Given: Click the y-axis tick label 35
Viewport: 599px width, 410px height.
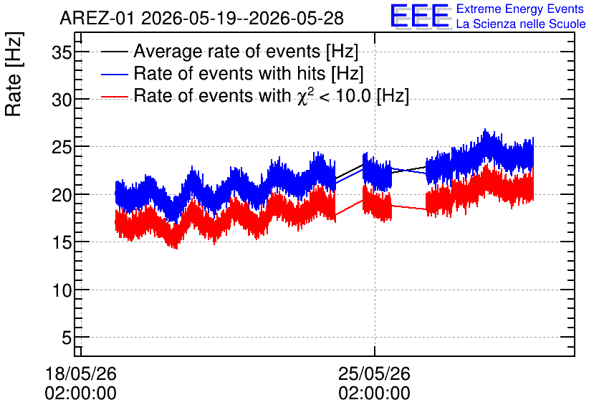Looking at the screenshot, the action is tap(62, 52).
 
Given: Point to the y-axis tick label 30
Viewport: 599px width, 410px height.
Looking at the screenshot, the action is tap(62, 100).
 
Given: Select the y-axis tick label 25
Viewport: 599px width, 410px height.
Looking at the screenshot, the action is tap(62, 148).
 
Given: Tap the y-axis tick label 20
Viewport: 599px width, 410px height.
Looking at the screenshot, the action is tap(62, 195).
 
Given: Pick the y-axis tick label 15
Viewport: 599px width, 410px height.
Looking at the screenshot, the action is tap(62, 243).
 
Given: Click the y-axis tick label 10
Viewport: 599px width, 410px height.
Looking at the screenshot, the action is tap(62, 291).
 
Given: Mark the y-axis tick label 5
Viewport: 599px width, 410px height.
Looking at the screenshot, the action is tap(67, 338).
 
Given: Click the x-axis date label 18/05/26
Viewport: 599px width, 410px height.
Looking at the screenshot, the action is tap(80, 373).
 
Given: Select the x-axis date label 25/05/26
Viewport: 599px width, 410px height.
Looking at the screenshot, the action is tap(374, 373).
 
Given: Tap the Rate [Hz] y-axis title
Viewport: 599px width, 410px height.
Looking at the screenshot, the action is tap(14, 74).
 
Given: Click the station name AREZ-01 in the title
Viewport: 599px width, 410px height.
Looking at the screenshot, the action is tap(97, 19).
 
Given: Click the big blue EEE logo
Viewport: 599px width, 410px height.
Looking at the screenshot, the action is tap(420, 16).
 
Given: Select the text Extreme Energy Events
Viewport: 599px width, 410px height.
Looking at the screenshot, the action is tap(520, 9).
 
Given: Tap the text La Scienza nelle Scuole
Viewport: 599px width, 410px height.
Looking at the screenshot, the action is tap(521, 24).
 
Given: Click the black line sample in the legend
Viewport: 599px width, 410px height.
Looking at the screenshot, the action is tap(114, 52).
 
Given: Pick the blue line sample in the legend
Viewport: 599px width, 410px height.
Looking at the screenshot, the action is tap(114, 74).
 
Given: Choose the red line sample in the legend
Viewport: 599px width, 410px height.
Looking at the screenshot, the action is tap(114, 97).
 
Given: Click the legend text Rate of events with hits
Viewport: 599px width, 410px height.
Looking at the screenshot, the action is tap(229, 73).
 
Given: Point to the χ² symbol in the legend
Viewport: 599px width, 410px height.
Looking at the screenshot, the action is tap(305, 96).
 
